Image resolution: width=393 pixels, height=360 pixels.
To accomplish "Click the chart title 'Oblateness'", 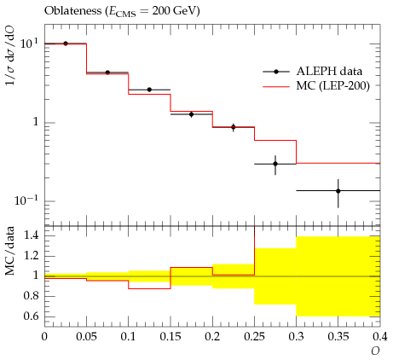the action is point(72,11).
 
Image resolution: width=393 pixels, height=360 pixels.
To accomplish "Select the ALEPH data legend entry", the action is point(312,72).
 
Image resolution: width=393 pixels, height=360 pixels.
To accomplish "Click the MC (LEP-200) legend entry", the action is point(316,85).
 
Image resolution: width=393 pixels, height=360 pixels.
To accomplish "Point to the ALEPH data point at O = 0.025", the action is point(66,44).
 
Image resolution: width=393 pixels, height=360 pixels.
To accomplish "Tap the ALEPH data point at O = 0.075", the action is point(107,73).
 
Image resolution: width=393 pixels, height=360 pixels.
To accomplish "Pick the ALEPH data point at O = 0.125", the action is point(149,90).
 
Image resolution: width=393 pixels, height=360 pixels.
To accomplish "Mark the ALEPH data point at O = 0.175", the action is point(192,114).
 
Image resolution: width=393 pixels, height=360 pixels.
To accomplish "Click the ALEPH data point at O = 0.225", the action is point(234,127).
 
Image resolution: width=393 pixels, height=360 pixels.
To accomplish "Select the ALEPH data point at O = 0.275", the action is point(275,164).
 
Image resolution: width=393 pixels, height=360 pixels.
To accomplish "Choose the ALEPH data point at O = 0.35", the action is point(338,191).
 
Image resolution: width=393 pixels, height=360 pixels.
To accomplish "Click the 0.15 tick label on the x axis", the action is point(170,337).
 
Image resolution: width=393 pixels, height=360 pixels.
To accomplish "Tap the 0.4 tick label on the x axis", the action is point(380,337).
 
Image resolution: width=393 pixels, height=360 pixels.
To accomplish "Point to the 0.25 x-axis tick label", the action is point(254,337).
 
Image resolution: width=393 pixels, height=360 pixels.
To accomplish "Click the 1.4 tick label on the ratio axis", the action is point(32,235).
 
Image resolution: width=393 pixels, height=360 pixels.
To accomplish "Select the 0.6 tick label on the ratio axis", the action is point(32,316).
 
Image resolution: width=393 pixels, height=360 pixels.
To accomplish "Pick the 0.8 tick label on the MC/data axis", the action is point(32,296).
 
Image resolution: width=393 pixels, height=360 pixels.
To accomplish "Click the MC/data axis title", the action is point(10,251).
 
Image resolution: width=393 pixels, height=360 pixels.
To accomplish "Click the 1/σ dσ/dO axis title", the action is point(10,55).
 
